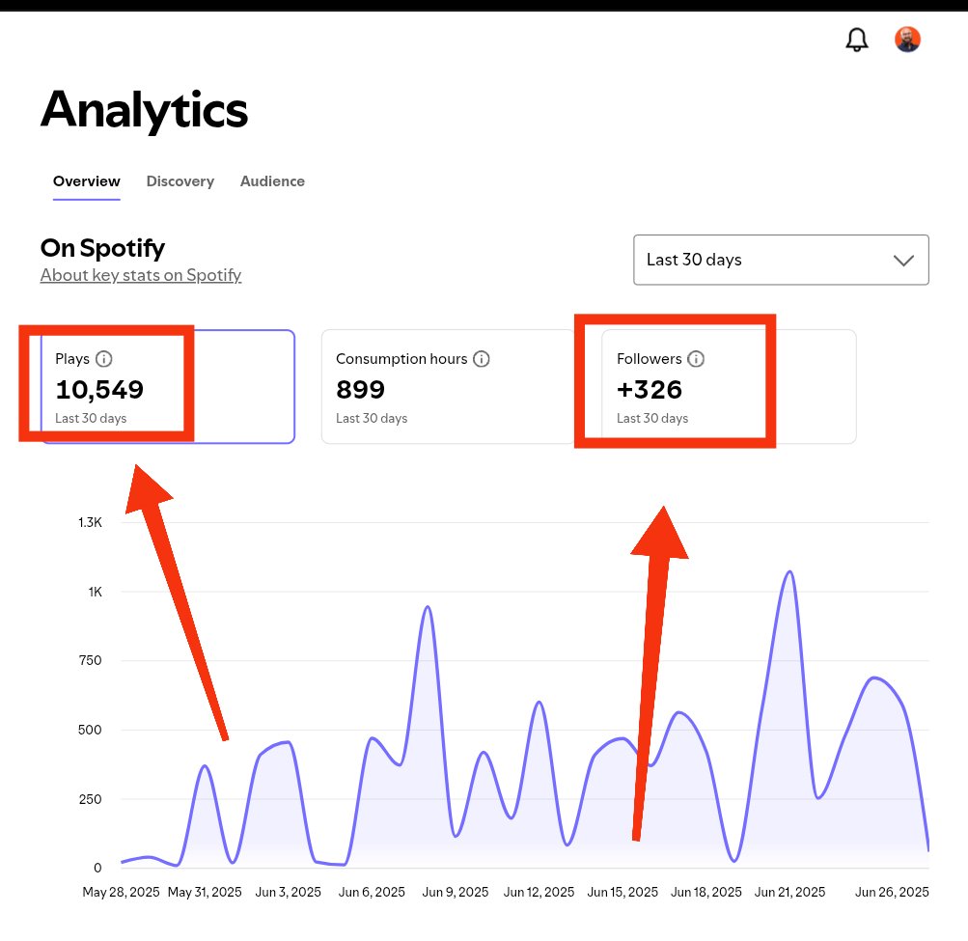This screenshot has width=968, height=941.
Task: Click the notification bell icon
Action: point(856,41)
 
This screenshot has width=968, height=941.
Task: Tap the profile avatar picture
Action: point(907,40)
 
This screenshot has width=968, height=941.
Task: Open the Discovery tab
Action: point(180,180)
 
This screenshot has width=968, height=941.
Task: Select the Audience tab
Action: point(272,180)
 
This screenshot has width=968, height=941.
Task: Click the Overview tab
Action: point(87,180)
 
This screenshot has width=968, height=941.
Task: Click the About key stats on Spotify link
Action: point(141,275)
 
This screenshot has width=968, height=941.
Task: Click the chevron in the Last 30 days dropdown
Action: point(903,261)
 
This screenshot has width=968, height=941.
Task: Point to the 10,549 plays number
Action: point(99,390)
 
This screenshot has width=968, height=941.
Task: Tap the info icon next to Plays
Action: point(103,359)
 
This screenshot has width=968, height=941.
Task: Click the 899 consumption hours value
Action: point(361,390)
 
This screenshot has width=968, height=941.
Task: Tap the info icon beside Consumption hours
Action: point(482,359)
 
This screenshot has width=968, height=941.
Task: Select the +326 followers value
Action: point(650,390)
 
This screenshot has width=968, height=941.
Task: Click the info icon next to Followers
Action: point(696,359)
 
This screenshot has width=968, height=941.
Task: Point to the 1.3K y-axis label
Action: point(90,522)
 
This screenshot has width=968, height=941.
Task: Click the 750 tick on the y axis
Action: point(90,660)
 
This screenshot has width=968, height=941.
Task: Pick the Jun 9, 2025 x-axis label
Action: point(455,892)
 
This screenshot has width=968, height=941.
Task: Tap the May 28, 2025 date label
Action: point(121,892)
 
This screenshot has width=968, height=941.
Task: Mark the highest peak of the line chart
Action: point(789,571)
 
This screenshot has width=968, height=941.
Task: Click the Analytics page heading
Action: point(145,110)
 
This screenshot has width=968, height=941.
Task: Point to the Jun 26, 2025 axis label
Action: point(892,892)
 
